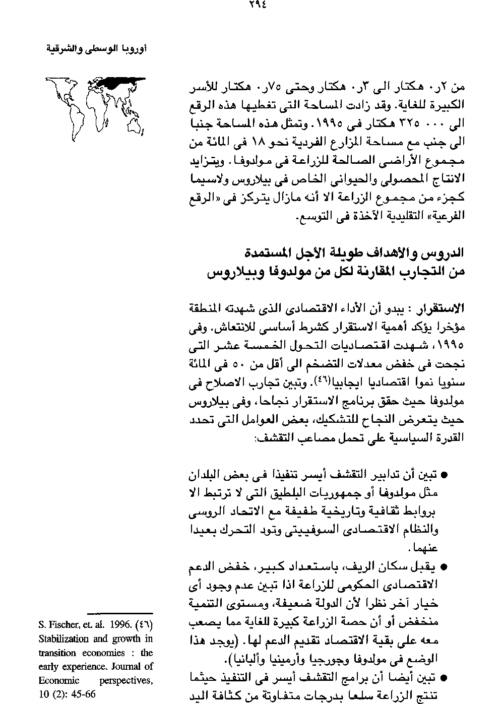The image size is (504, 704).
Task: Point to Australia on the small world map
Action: click(134, 127)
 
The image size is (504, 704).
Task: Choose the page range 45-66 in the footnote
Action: click(81, 693)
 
